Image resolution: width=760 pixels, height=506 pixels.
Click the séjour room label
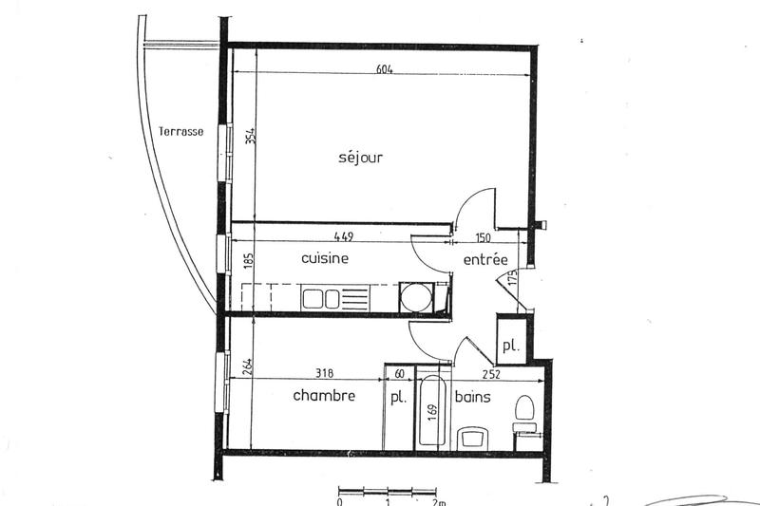coord(360,158)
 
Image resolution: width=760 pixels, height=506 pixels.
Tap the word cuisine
coord(325,258)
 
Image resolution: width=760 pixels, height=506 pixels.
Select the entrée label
coord(484,260)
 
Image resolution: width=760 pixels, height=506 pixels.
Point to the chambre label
coord(324,396)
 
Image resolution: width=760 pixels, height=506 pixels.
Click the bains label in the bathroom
coord(472,397)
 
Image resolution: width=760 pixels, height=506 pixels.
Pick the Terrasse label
coord(180,132)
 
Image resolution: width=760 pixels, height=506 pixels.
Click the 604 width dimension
coord(384,69)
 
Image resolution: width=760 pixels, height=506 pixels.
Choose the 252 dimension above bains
coord(489,374)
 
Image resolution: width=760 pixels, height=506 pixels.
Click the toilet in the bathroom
coord(522,410)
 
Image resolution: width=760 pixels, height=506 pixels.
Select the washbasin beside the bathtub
coord(471,438)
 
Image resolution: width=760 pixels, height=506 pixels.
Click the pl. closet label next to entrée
coord(510,347)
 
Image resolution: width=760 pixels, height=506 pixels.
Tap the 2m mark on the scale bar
coord(438,501)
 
